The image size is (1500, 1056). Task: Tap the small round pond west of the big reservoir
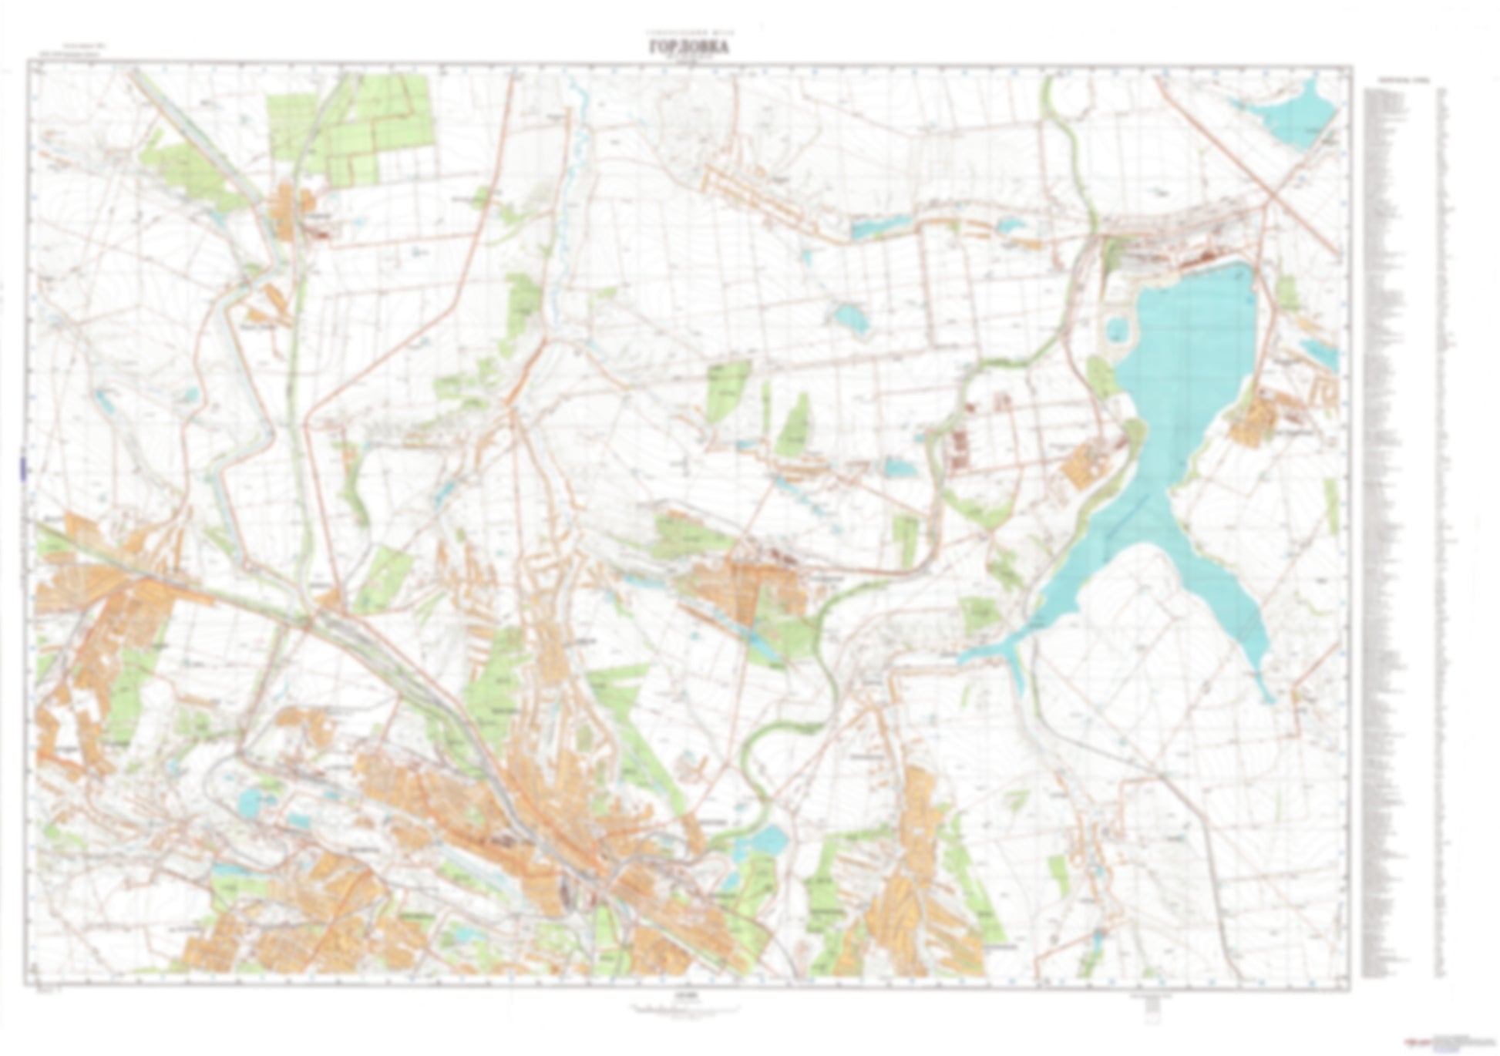point(1116,330)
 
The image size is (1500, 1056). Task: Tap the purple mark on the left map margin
point(23,469)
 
